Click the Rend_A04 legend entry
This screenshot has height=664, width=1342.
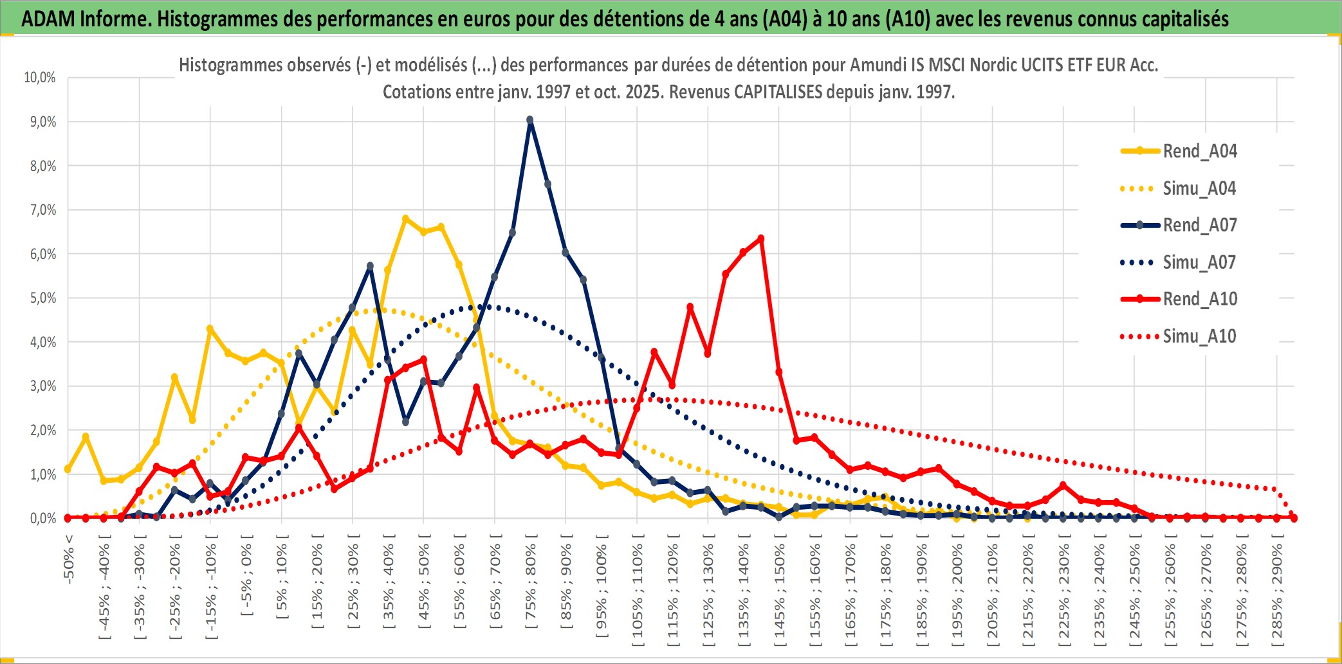(1199, 151)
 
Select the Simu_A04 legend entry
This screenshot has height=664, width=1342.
(1199, 188)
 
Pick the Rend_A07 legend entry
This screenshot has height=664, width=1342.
(1199, 225)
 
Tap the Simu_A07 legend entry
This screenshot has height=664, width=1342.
(1199, 262)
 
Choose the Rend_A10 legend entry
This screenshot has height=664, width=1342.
(1199, 299)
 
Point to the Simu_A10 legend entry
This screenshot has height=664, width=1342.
(1199, 336)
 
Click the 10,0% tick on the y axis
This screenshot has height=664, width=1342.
(40, 78)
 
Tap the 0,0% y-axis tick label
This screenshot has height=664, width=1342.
(42, 518)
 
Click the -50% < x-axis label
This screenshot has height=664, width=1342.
(69, 559)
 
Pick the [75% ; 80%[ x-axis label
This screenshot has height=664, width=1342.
(531, 585)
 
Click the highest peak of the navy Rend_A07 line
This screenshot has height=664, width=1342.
(530, 120)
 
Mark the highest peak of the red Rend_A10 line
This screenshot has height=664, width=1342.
(761, 238)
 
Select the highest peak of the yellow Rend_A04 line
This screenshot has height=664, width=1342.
(405, 219)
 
